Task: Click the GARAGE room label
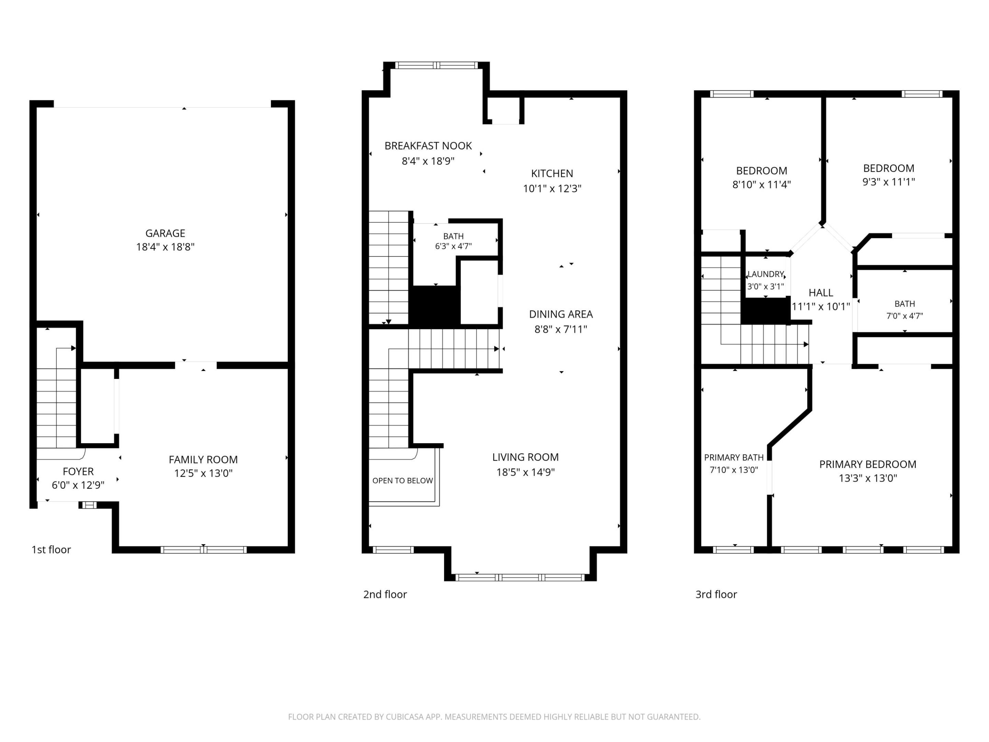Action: tap(165, 233)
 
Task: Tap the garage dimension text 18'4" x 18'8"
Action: tap(165, 247)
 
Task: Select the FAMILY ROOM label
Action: tap(203, 459)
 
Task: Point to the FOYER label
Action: tap(78, 471)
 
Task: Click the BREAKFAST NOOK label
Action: tap(428, 146)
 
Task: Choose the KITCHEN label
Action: tap(552, 173)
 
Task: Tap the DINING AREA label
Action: tap(561, 314)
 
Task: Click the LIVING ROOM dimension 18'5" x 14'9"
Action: tap(525, 472)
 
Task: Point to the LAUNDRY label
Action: tap(765, 274)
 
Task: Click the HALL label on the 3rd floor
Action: tap(820, 293)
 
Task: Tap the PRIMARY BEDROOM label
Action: tap(867, 464)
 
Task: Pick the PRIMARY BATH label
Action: tap(734, 458)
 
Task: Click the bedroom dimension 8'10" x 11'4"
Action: tap(761, 184)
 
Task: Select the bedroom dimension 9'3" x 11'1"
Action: tap(888, 182)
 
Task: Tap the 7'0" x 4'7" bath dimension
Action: tap(905, 316)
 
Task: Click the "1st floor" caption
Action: tap(51, 550)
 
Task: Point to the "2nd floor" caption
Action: tap(385, 594)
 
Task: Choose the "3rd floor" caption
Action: tap(716, 594)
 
